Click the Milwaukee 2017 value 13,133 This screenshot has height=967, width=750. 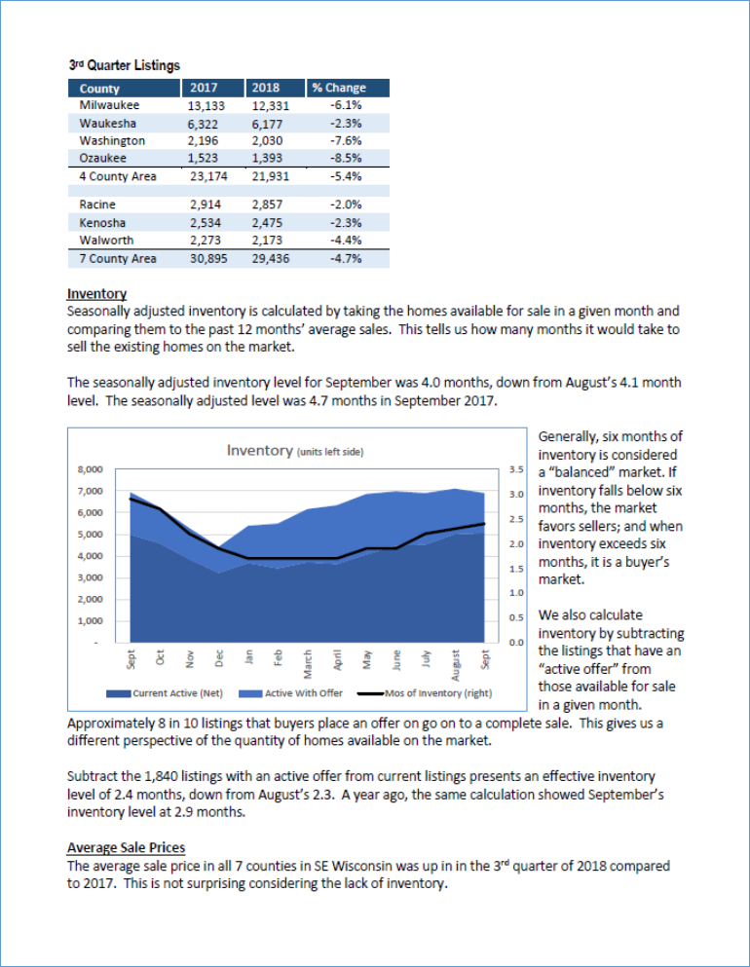[x=206, y=105]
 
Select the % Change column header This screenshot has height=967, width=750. [x=339, y=88]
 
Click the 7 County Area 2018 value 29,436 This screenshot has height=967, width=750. [x=269, y=259]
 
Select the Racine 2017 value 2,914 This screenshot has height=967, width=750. [x=207, y=205]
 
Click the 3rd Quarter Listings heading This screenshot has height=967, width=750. [x=124, y=65]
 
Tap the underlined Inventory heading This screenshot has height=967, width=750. [x=96, y=293]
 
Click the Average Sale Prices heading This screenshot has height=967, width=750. [x=126, y=847]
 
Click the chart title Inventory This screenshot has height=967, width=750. [x=259, y=450]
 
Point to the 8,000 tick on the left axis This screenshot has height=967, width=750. [x=90, y=469]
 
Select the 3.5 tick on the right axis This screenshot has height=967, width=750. [x=516, y=470]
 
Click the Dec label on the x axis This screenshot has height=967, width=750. [x=220, y=658]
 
